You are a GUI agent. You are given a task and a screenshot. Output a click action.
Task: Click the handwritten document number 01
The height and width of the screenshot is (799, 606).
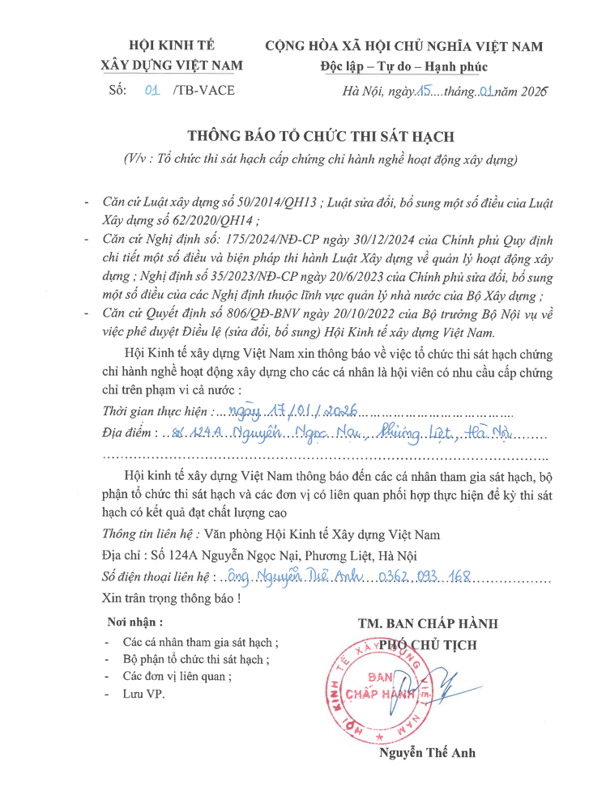(151, 91)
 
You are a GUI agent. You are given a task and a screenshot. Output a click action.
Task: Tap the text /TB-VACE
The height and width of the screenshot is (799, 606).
(203, 91)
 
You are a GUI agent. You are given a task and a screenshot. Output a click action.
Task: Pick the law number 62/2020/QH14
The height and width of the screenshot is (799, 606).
(208, 219)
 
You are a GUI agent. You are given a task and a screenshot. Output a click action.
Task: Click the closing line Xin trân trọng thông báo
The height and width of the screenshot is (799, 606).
(171, 599)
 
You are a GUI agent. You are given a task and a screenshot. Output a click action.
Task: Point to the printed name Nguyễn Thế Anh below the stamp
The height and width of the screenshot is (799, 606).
(427, 753)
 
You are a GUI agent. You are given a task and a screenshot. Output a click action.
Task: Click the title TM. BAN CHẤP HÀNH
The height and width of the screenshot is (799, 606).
(428, 623)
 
